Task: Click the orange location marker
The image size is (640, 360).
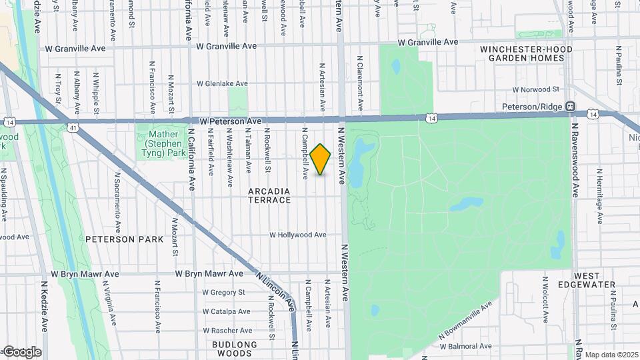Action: pyautogui.click(x=321, y=159)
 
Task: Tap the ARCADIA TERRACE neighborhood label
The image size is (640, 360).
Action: pyautogui.click(x=269, y=195)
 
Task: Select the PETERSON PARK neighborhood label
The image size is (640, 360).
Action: pyautogui.click(x=119, y=239)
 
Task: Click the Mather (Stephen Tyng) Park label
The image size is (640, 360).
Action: pyautogui.click(x=162, y=143)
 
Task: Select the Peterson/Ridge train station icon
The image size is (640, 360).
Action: pyautogui.click(x=570, y=107)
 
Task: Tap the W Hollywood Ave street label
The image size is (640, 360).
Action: pyautogui.click(x=297, y=235)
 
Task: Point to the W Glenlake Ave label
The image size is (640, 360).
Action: pyautogui.click(x=222, y=84)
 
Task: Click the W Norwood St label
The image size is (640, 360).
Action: pyautogui.click(x=535, y=89)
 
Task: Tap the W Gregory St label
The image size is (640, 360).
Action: pyautogui.click(x=223, y=292)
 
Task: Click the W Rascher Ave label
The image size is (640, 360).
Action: pyautogui.click(x=227, y=330)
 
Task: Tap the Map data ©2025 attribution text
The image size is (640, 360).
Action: pyautogui.click(x=611, y=355)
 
